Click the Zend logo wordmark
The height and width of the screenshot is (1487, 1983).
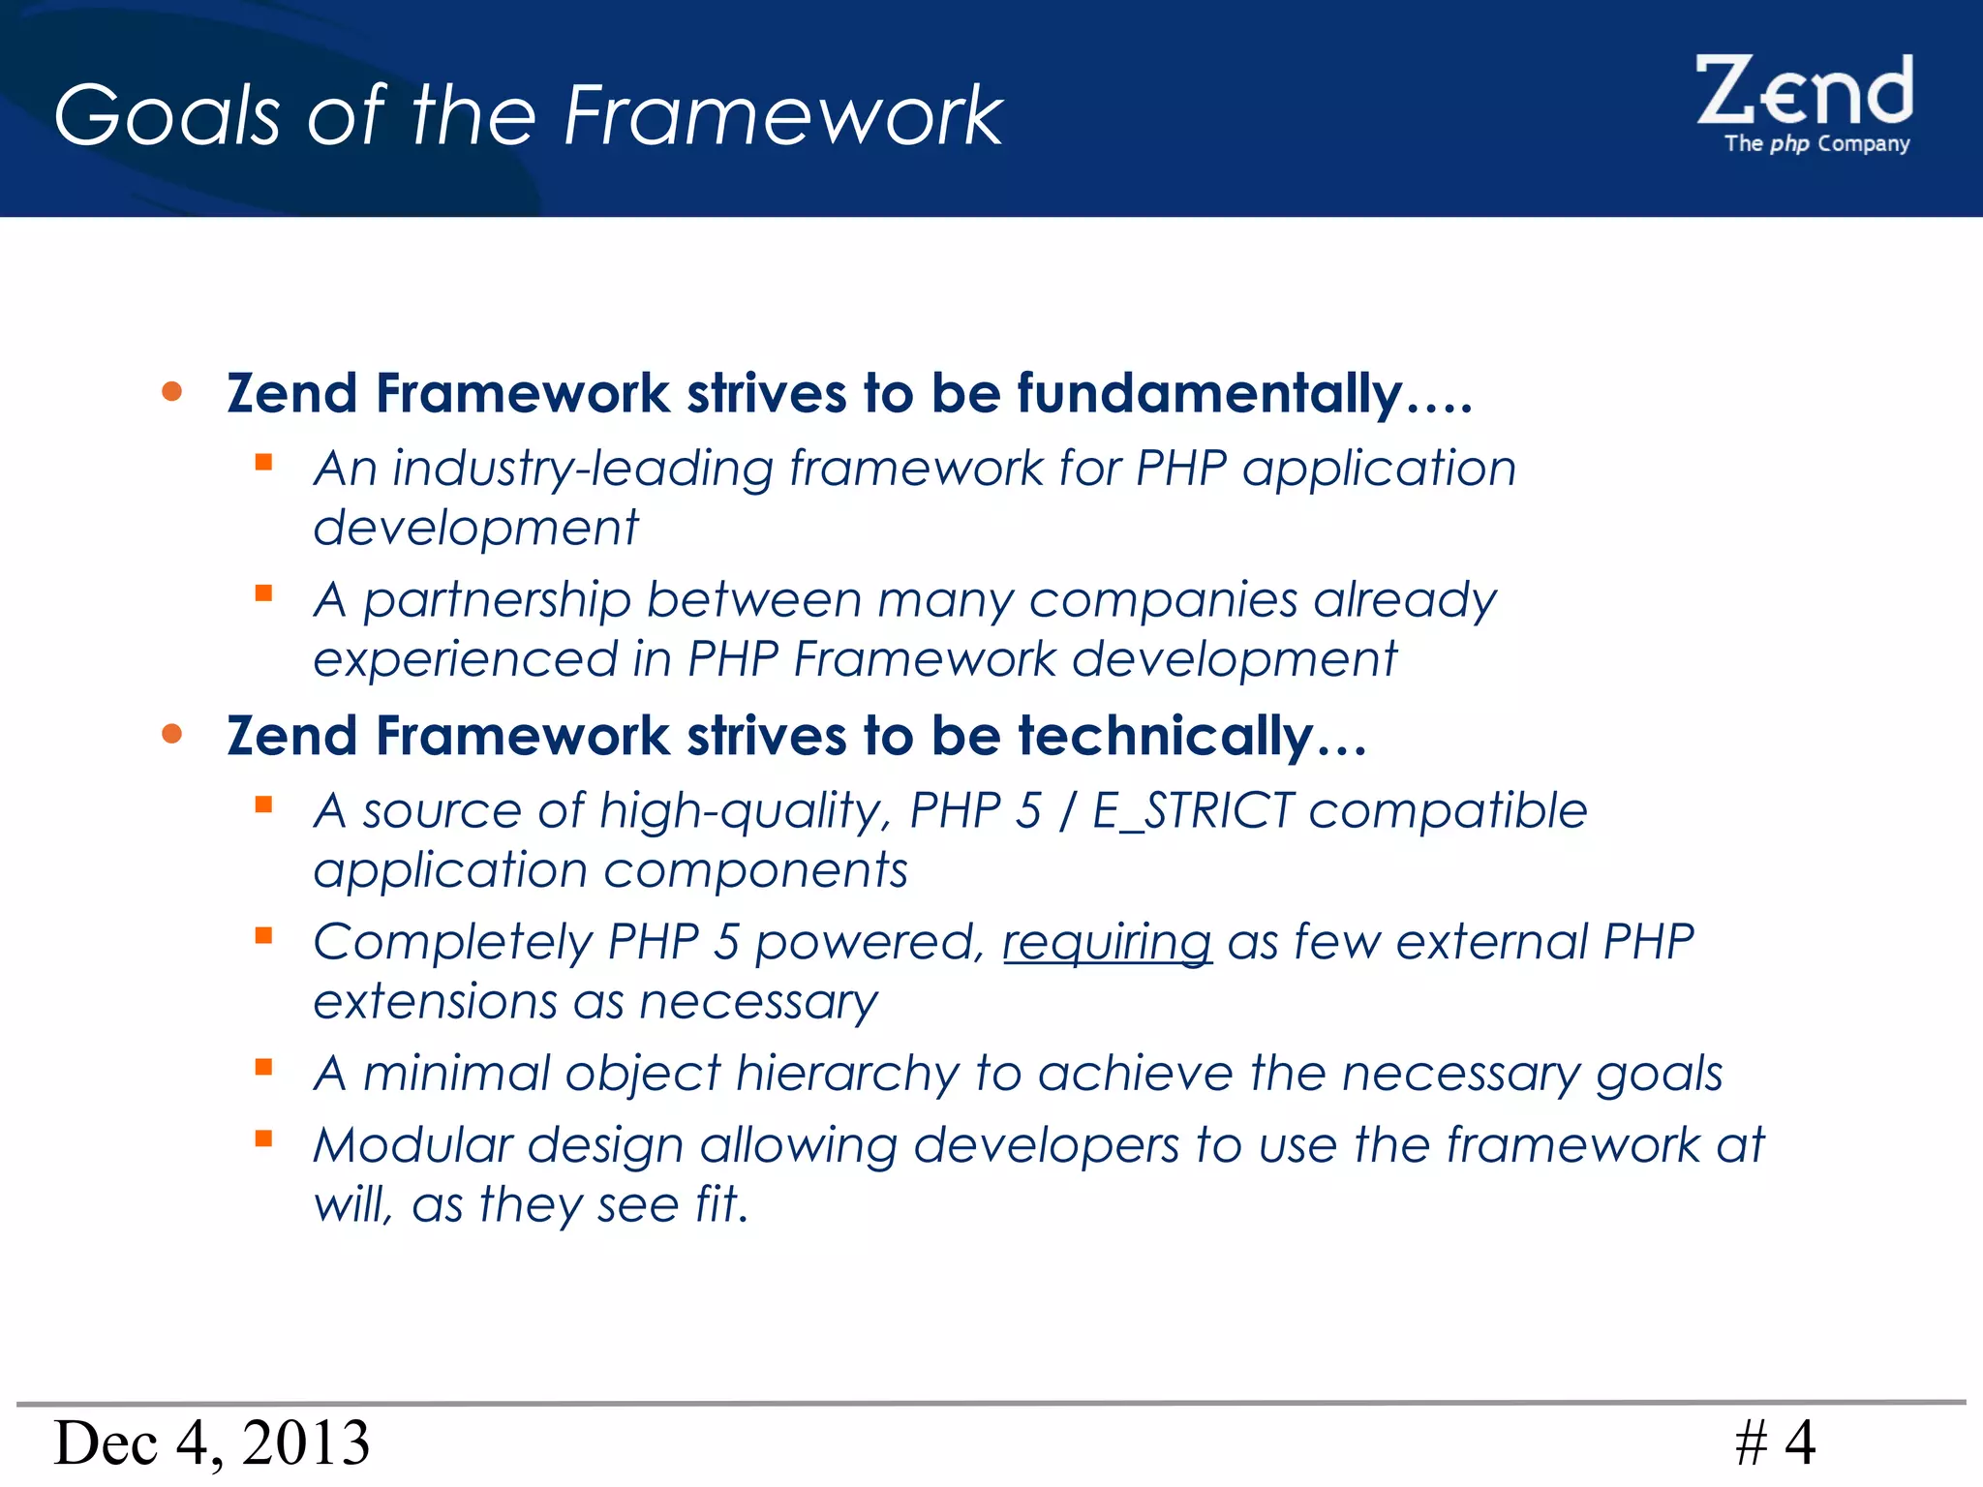[x=1804, y=91]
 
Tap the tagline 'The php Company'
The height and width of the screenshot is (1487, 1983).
[x=1816, y=144]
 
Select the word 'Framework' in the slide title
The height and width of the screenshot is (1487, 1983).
[x=782, y=115]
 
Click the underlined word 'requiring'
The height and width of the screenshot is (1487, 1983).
[x=1107, y=942]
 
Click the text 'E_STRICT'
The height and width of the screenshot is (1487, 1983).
[x=1193, y=810]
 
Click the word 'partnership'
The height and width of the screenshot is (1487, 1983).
[x=497, y=600]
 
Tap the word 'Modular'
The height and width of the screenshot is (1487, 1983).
[x=412, y=1145]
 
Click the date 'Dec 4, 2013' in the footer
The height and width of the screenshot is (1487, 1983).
[x=211, y=1442]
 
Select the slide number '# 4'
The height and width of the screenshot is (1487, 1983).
[x=1775, y=1442]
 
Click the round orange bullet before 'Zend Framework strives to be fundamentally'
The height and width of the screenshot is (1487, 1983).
[x=172, y=391]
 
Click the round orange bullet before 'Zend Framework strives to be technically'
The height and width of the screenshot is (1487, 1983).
[x=172, y=734]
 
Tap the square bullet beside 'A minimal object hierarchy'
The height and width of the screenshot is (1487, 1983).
[x=263, y=1067]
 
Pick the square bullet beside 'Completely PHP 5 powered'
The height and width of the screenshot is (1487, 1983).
[x=263, y=935]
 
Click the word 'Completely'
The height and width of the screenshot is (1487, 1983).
[x=453, y=942]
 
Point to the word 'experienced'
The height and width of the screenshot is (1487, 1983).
[x=465, y=659]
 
